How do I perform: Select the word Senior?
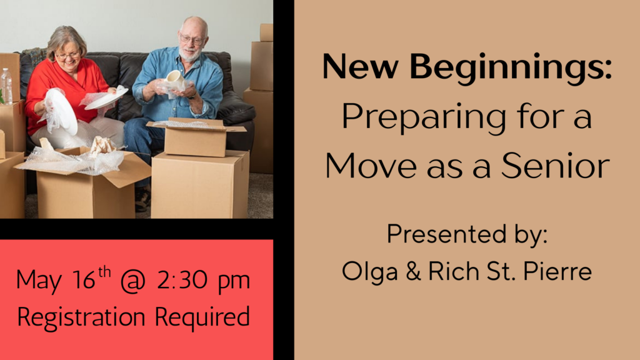tap(556, 166)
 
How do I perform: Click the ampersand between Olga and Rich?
tap(413, 271)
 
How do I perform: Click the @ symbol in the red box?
tap(133, 281)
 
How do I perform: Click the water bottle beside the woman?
tap(6, 86)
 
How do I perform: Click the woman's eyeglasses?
tap(67, 55)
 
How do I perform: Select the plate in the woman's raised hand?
tap(62, 111)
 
